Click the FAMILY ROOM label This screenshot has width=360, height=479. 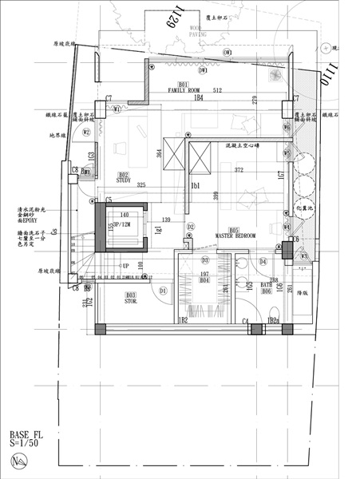184,90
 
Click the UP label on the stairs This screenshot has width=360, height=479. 125,265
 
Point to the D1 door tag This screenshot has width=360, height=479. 163,291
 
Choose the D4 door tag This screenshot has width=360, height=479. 263,261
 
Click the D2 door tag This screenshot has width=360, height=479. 191,227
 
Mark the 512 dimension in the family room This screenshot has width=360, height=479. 216,90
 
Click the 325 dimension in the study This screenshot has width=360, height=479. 141,185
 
